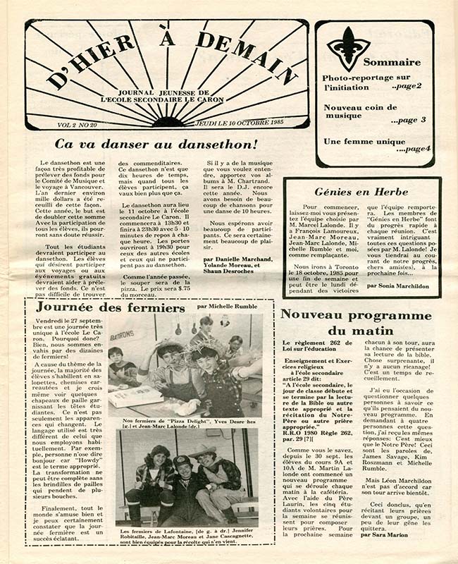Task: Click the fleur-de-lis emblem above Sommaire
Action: click(x=347, y=48)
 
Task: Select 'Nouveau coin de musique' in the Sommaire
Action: click(x=363, y=113)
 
